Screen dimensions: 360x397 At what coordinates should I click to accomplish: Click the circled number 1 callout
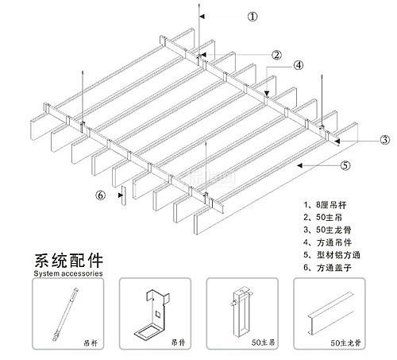tap(252, 16)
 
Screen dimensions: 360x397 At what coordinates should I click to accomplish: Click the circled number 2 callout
tap(276, 55)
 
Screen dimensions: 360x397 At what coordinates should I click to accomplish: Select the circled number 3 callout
tap(384, 140)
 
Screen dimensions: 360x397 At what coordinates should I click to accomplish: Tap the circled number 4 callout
tap(298, 65)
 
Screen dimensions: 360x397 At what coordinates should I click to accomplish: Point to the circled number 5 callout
tap(345, 166)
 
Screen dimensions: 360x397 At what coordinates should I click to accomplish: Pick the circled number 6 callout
tap(100, 194)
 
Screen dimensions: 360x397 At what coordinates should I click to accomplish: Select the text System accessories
tap(67, 273)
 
